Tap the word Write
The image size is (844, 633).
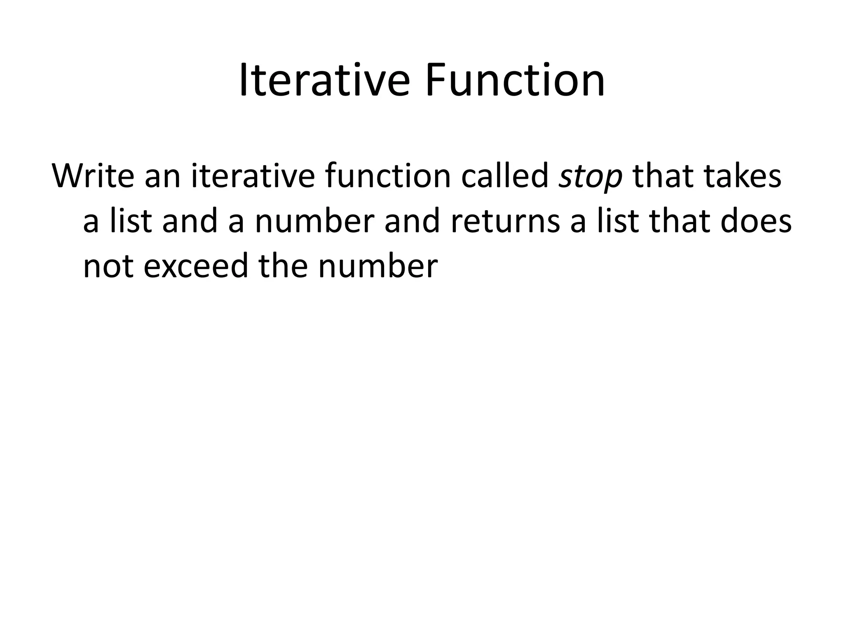pyautogui.click(x=93, y=176)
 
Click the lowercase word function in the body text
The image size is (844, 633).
pyautogui.click(x=388, y=176)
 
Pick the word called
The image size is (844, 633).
pyautogui.click(x=504, y=176)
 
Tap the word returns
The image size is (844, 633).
pyautogui.click(x=505, y=221)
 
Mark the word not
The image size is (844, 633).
pyautogui.click(x=108, y=266)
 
